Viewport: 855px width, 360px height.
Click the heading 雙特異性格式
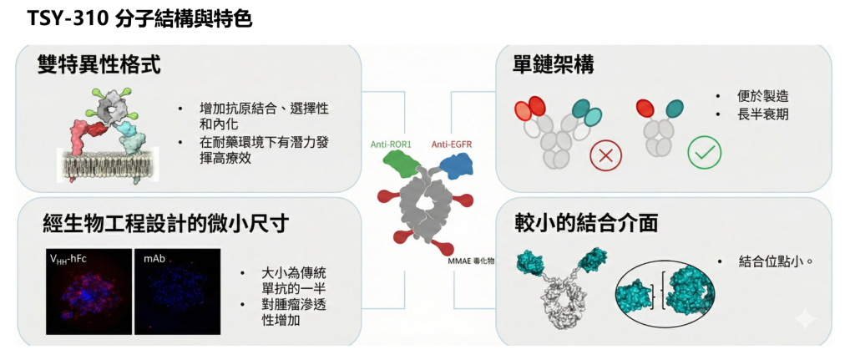[x=99, y=66]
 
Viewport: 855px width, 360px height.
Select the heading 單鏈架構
[x=554, y=66]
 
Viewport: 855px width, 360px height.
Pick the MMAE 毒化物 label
[x=471, y=261]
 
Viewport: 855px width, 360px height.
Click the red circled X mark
[x=606, y=154]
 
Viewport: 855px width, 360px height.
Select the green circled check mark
[x=704, y=151]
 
